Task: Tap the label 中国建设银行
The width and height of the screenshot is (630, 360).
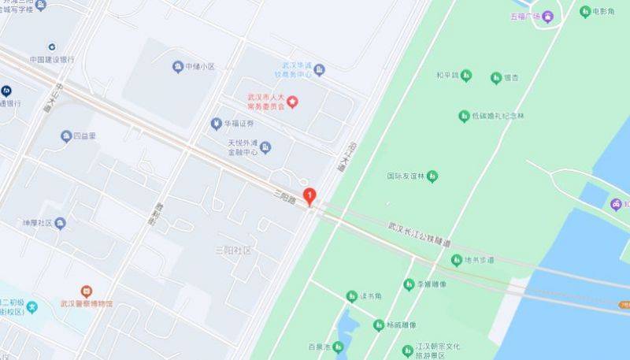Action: coord(52,59)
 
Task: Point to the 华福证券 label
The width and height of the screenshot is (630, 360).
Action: coord(239,124)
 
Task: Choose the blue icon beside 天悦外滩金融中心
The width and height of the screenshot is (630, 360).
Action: coord(265,147)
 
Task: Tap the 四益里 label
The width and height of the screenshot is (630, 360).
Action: coord(84,135)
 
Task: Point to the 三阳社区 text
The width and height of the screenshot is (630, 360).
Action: coord(233,251)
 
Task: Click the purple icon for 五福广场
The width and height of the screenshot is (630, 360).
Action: coord(547,16)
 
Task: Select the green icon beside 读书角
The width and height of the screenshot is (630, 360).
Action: coord(352,296)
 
